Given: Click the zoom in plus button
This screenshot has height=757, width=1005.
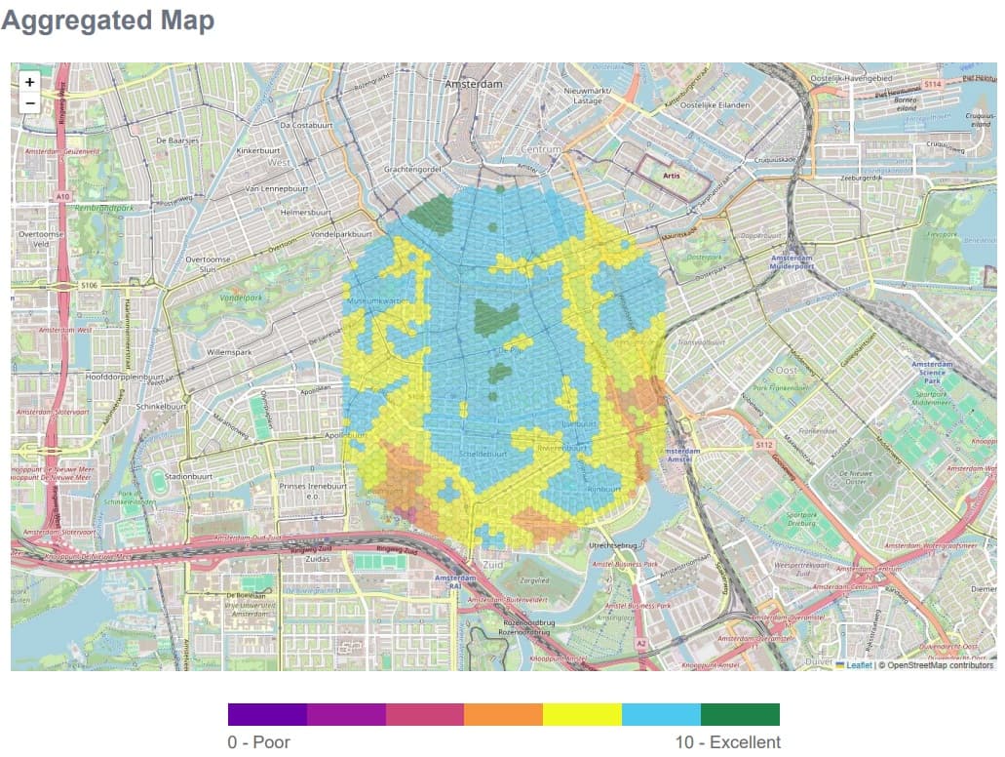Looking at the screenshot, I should [x=30, y=83].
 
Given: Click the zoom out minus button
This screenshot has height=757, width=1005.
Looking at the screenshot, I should [x=30, y=103].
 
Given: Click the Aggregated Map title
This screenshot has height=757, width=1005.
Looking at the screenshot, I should [x=107, y=20].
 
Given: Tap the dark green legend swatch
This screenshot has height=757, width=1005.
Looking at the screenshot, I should [x=740, y=715].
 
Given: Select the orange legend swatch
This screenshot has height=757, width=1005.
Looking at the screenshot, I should [x=503, y=715].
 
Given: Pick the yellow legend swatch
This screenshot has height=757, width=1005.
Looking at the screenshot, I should [x=582, y=715].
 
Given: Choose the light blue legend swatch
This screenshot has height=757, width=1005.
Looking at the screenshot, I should [x=661, y=715].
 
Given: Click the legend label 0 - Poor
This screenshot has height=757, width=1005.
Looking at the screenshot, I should [x=258, y=742].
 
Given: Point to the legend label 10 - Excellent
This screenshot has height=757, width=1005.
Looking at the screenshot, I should [x=728, y=742].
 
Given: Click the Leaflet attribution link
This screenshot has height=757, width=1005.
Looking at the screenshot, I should [x=858, y=665].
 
